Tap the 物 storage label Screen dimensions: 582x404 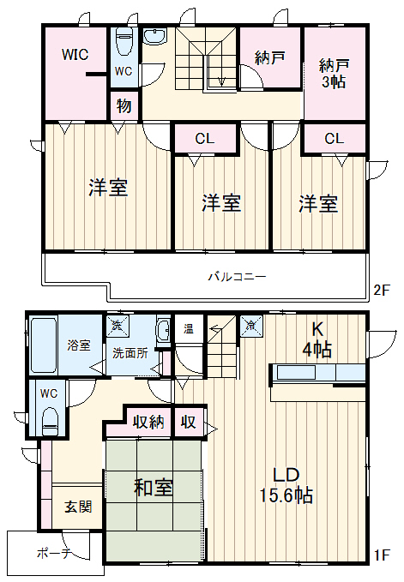click(x=124, y=107)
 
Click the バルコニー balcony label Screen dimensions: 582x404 click(x=236, y=277)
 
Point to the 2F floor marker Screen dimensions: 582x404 click(x=381, y=291)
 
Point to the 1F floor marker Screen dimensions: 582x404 click(x=381, y=555)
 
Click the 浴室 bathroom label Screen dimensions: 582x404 click(x=79, y=345)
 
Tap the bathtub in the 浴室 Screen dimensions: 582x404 click(x=42, y=345)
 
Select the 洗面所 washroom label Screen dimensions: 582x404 click(x=130, y=353)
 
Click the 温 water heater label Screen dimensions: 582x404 click(x=188, y=328)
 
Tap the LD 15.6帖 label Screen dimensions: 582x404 click(x=286, y=484)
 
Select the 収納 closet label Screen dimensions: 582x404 click(x=148, y=422)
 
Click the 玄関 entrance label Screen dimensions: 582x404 click(x=78, y=506)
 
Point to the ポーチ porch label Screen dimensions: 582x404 click(x=53, y=554)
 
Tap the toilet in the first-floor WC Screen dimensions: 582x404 click(x=50, y=419)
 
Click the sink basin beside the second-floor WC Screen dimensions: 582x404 click(x=155, y=37)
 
